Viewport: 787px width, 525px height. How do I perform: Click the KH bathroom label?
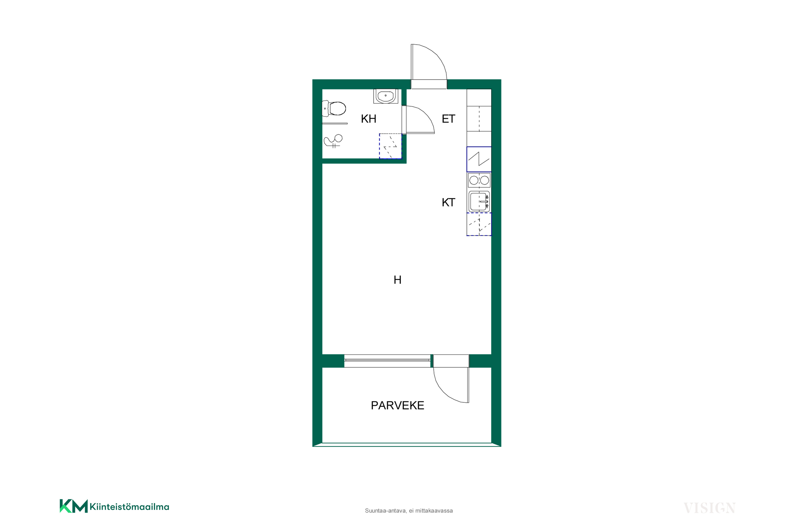[x=368, y=119]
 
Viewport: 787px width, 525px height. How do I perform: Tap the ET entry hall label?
[x=448, y=119]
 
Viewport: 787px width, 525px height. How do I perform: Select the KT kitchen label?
[x=448, y=202]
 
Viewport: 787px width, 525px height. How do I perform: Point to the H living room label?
[x=397, y=280]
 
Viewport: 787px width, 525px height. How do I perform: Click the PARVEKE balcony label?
[x=397, y=405]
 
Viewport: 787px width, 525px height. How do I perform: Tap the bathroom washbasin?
[x=386, y=96]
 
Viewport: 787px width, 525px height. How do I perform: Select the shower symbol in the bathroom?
[x=333, y=141]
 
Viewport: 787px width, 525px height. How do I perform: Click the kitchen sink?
[x=479, y=201]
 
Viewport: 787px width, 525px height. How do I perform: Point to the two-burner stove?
[x=479, y=181]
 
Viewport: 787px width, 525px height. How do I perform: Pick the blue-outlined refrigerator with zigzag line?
[x=479, y=159]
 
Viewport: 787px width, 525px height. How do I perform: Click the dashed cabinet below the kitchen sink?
[x=479, y=224]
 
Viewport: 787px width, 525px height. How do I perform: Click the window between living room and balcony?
[x=387, y=360]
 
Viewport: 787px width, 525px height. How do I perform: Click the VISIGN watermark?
[x=709, y=508]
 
